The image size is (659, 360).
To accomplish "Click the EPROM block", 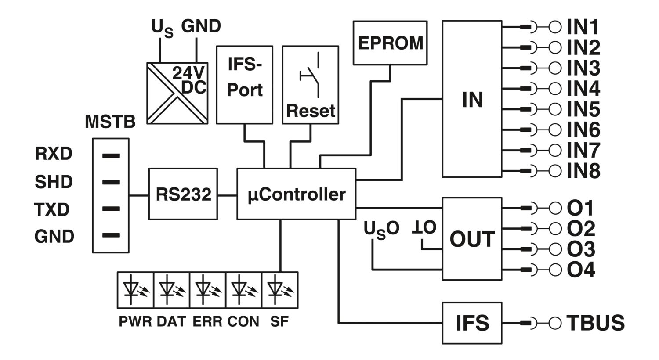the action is pyautogui.click(x=390, y=43).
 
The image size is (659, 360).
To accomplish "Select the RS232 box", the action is pyautogui.click(x=183, y=194).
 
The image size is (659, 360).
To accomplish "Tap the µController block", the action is pyautogui.click(x=296, y=194).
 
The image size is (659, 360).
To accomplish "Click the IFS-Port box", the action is pyautogui.click(x=244, y=85).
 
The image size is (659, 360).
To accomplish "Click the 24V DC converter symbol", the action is pyautogui.click(x=177, y=93).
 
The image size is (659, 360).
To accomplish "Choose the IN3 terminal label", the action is pyautogui.click(x=583, y=68).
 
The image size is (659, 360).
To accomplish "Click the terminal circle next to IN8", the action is pyautogui.click(x=555, y=171).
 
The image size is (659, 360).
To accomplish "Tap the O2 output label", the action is pyautogui.click(x=581, y=228).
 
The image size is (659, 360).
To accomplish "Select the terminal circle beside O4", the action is pyautogui.click(x=555, y=270).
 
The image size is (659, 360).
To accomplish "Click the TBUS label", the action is pyautogui.click(x=595, y=323).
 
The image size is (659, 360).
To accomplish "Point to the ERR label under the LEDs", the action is pyautogui.click(x=207, y=321).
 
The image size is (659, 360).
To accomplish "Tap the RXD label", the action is pyautogui.click(x=54, y=153).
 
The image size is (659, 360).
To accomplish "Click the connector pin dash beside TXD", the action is pyautogui.click(x=111, y=209).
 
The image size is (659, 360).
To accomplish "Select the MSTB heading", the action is pyautogui.click(x=110, y=121).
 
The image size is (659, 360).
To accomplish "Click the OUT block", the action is pyautogui.click(x=472, y=239).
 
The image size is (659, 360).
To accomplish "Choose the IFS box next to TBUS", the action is pyautogui.click(x=472, y=323).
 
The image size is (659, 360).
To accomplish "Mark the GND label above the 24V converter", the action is pyautogui.click(x=201, y=26).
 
